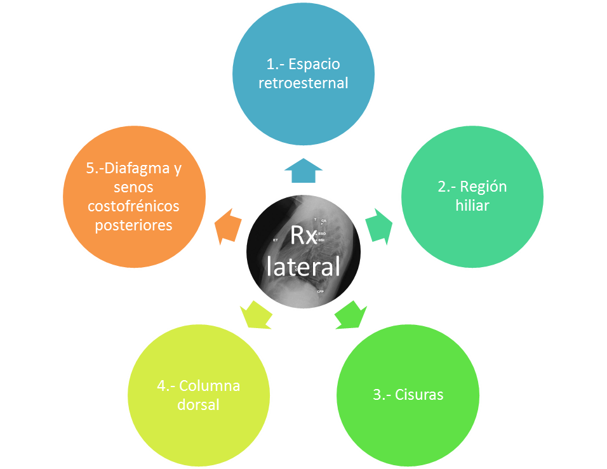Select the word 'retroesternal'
(303, 83)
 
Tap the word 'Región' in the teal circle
(483, 187)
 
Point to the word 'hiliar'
(471, 206)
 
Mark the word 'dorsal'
(199, 404)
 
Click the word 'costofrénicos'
(134, 207)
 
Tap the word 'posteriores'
(134, 225)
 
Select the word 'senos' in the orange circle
(134, 188)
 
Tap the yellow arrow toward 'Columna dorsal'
(257, 314)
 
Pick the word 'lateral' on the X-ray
(303, 266)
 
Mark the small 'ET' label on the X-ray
(276, 241)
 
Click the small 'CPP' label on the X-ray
(321, 291)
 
